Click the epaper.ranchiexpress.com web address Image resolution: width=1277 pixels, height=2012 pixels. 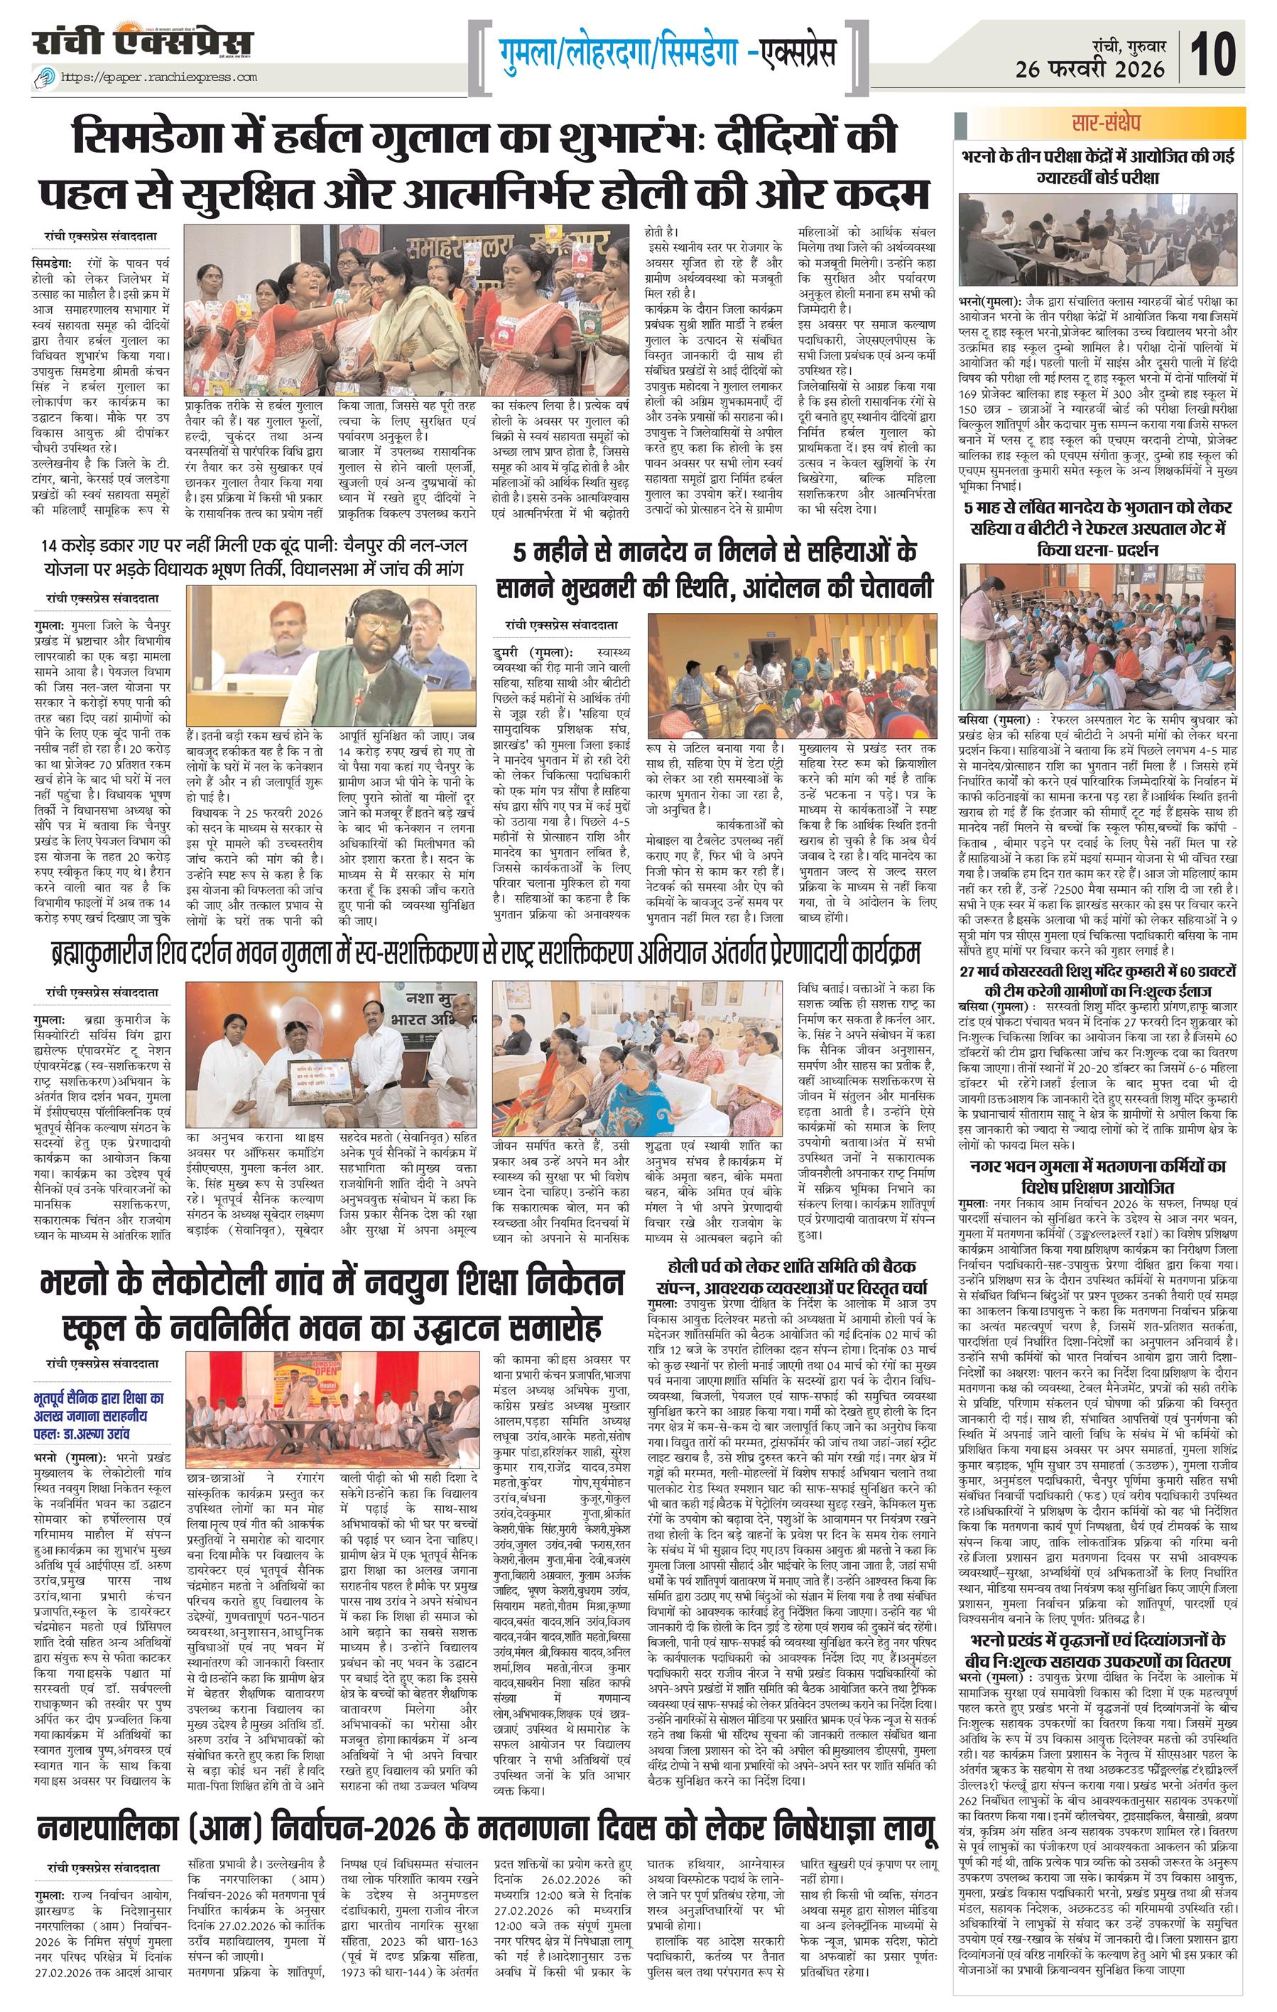click(158, 77)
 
